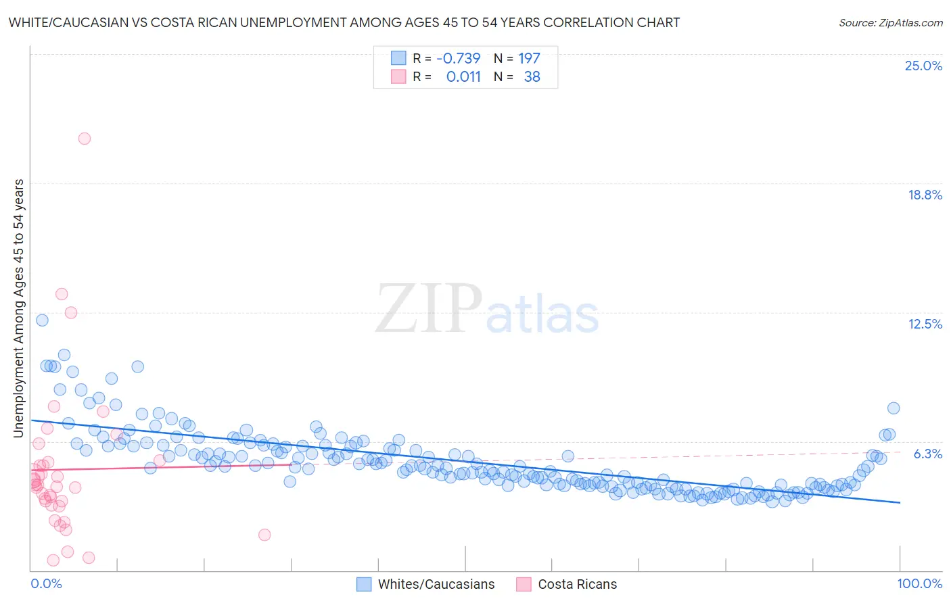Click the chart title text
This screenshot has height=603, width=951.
[344, 22]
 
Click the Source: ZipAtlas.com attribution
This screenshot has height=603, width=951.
[890, 22]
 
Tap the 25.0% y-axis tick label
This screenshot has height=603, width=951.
[923, 66]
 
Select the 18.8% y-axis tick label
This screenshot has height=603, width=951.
[924, 195]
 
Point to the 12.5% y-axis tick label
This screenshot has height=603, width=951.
[925, 324]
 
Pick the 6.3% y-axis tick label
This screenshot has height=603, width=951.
[927, 454]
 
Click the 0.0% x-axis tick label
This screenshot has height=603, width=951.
[46, 583]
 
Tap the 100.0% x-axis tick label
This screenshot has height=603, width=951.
[919, 583]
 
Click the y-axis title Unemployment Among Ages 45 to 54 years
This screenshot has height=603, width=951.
[19, 308]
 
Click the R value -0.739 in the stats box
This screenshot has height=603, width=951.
[458, 58]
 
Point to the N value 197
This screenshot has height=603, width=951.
[529, 58]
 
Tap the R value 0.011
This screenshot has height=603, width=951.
[463, 77]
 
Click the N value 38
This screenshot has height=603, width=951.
[532, 77]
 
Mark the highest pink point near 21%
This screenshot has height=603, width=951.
[85, 139]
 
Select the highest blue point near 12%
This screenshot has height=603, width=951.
[42, 320]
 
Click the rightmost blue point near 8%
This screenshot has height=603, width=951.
[894, 408]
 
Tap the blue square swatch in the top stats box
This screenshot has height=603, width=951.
[398, 58]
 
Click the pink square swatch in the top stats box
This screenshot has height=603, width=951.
[398, 77]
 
